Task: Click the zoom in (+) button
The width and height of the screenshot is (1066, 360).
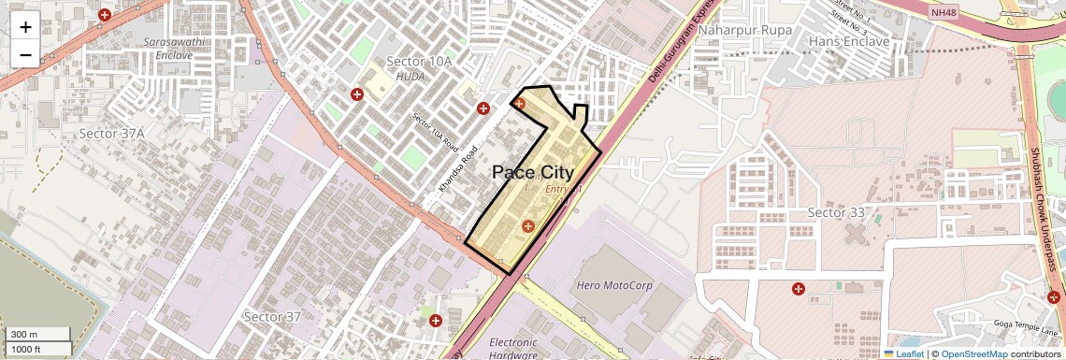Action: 25,26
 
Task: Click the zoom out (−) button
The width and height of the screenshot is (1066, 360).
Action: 25,54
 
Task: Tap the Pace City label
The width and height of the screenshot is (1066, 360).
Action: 532,173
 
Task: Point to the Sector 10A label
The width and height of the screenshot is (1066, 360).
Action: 419,62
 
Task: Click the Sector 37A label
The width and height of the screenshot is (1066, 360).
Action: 111,134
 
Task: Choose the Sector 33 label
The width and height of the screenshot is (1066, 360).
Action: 836,212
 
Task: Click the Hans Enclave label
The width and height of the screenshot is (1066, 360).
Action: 848,42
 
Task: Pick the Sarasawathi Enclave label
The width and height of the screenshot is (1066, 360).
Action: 169,49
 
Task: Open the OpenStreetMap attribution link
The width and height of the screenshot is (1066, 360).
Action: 973,353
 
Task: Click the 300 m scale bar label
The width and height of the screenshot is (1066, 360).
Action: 25,335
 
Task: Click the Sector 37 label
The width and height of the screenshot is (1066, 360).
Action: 272,317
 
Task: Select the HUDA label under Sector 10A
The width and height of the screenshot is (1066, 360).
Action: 411,77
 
